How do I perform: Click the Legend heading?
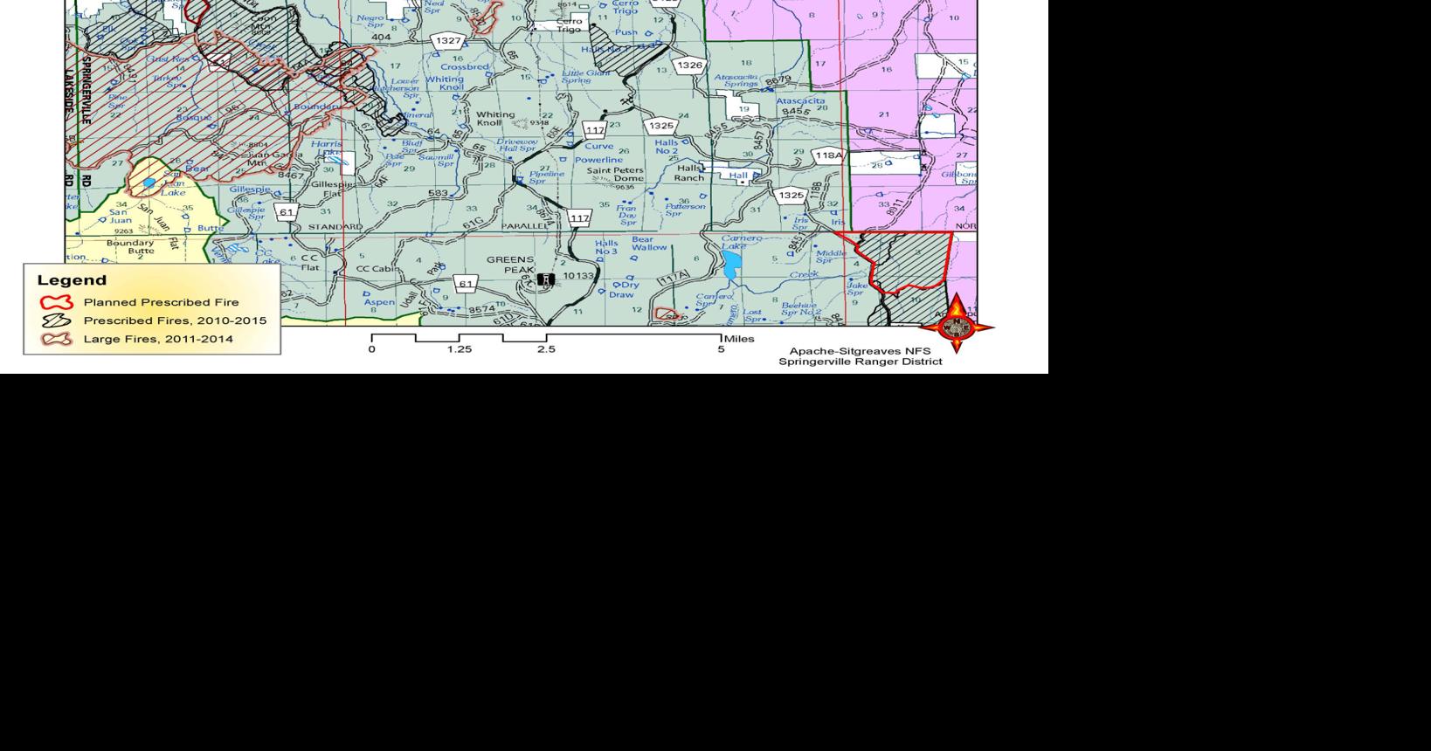click(72, 280)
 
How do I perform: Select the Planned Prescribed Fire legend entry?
click(161, 302)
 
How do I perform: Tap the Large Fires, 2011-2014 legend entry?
click(158, 339)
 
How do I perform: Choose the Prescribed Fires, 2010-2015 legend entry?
click(175, 320)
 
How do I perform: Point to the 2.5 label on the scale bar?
click(546, 349)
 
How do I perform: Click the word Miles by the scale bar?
click(739, 339)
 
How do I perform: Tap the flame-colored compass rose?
click(956, 326)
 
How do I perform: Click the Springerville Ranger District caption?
click(860, 362)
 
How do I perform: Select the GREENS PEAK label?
click(510, 265)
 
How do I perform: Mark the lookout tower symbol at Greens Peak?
click(546, 279)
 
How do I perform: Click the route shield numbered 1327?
click(448, 41)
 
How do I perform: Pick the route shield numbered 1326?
click(689, 65)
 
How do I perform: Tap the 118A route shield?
click(828, 155)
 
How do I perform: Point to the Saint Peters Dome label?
click(615, 175)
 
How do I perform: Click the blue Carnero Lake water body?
click(732, 261)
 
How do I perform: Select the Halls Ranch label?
click(688, 173)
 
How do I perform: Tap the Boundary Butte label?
click(130, 247)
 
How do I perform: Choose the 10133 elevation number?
click(577, 276)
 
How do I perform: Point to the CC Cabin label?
click(377, 268)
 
